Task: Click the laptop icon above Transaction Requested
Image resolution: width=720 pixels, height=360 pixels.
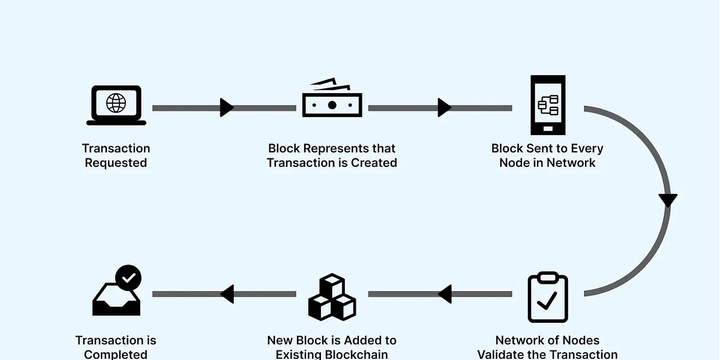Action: [116, 106]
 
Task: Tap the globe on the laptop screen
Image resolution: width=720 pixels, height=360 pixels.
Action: [116, 102]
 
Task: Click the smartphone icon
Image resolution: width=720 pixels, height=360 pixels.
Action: [548, 105]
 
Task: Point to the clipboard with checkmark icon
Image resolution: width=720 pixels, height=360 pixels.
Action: [548, 298]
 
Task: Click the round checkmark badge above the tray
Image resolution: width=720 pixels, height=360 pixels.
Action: [128, 278]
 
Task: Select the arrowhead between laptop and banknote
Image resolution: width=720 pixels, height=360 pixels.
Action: [226, 108]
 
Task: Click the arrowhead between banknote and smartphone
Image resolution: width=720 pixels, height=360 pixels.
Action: [444, 108]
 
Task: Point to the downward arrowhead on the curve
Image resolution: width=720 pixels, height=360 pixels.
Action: [667, 200]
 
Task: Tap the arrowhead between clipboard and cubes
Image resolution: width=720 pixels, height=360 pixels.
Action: [445, 294]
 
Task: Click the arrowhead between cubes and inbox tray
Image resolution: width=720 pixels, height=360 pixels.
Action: [227, 294]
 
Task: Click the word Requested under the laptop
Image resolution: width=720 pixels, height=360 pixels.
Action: [116, 163]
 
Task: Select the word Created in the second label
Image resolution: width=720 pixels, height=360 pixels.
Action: [374, 163]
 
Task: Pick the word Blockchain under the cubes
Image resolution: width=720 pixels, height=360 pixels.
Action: [359, 354]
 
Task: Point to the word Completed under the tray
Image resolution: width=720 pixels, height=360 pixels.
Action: [116, 354]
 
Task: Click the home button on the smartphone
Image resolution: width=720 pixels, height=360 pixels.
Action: [548, 128]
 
